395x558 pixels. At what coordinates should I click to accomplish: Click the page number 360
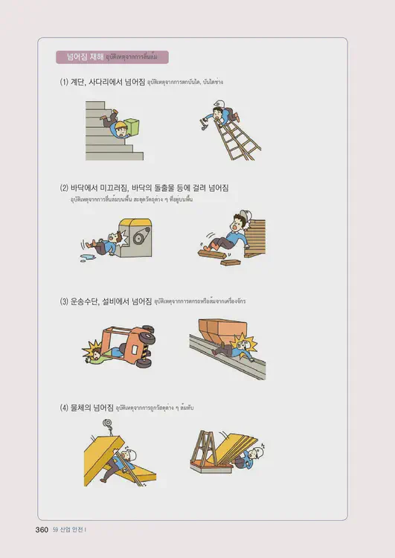coord(37,529)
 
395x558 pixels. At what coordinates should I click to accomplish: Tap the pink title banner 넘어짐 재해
coord(112,57)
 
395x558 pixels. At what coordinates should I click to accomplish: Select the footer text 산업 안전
coord(74,530)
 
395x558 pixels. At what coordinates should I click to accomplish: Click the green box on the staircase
coord(132,126)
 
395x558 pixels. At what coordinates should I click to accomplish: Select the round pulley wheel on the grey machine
coord(139,236)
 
